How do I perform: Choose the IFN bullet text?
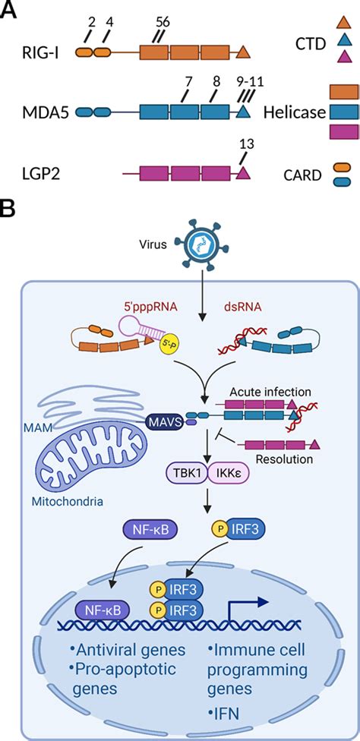tap(224, 717)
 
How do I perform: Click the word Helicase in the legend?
tap(295, 112)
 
